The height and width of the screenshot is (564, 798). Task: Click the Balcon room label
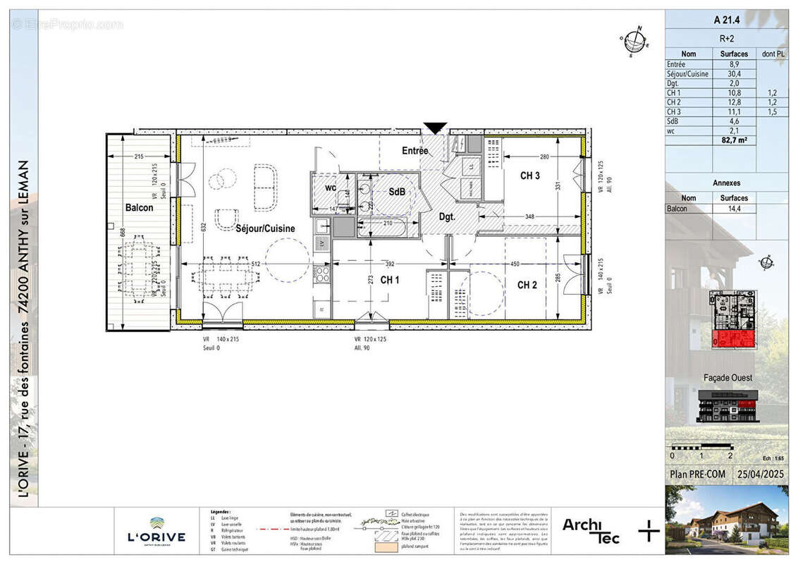[140, 208]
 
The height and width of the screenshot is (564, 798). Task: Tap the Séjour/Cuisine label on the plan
[265, 228]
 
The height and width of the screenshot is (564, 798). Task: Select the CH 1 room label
[390, 280]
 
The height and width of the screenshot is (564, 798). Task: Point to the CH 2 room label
[527, 285]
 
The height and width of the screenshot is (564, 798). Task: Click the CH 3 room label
[530, 176]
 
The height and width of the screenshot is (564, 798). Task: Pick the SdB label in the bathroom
[397, 192]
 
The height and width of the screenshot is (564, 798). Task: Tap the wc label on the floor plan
[330, 188]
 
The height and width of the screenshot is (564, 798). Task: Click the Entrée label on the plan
[415, 151]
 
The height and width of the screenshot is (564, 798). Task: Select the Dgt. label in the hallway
[447, 218]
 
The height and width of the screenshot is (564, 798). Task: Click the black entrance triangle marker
[435, 128]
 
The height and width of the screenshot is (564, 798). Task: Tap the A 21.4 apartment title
[727, 20]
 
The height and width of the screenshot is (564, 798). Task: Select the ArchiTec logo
[591, 530]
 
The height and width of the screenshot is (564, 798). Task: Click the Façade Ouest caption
[728, 378]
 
